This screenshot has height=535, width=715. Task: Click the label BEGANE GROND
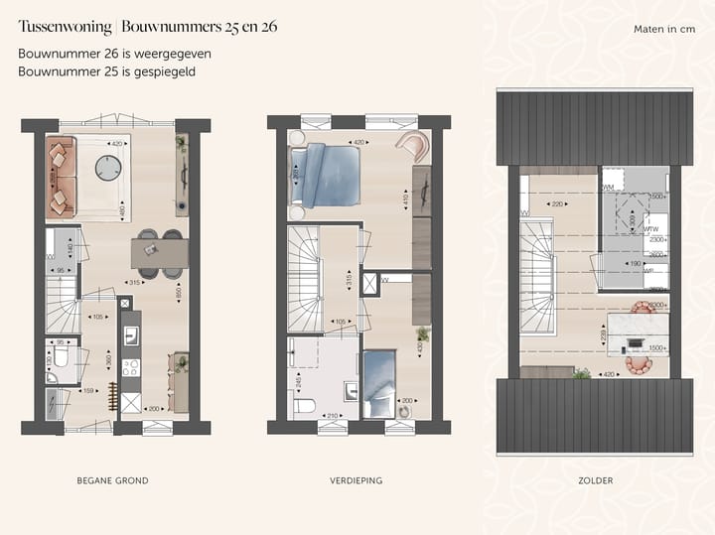pyautogui.click(x=112, y=480)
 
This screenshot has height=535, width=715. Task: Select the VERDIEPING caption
pyautogui.click(x=356, y=480)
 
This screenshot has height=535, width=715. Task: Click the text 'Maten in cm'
pyautogui.click(x=664, y=29)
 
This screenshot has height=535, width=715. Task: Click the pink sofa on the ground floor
pyautogui.click(x=61, y=178)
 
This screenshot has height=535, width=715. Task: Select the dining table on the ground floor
pyautogui.click(x=160, y=254)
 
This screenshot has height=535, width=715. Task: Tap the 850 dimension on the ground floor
pyautogui.click(x=178, y=294)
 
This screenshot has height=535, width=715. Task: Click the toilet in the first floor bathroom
pyautogui.click(x=306, y=406)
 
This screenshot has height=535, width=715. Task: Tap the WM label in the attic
pyautogui.click(x=608, y=186)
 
